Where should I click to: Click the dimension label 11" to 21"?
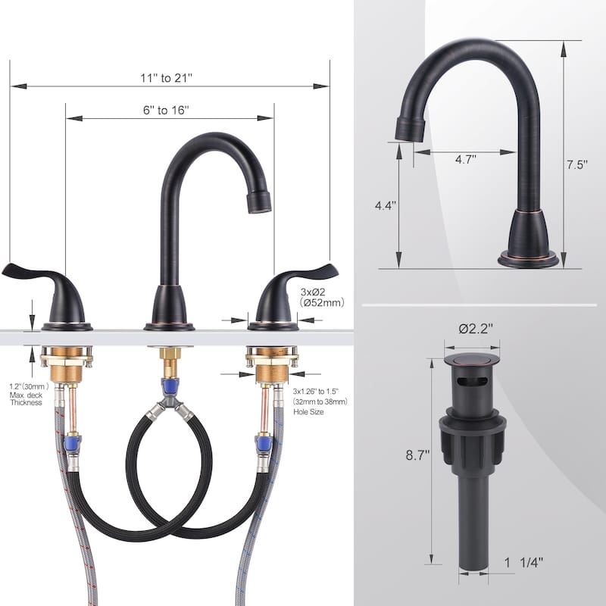(x=166, y=78)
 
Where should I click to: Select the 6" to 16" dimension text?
(x=166, y=110)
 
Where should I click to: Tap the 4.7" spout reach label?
(x=465, y=159)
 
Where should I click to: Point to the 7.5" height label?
(x=577, y=164)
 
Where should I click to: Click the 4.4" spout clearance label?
(x=386, y=205)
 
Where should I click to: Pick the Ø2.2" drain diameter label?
(x=476, y=329)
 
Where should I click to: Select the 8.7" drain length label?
(x=418, y=455)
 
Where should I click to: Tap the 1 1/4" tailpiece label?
(x=523, y=562)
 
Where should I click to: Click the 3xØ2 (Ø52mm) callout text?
(x=321, y=297)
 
